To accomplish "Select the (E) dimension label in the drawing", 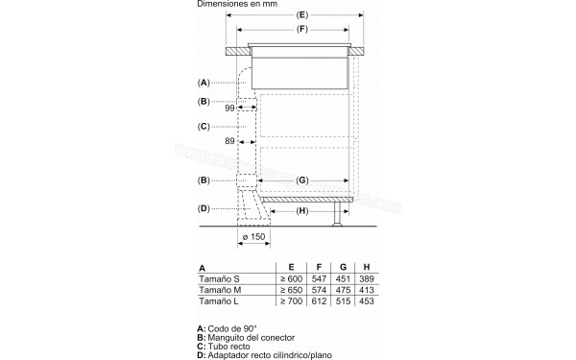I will tap(300, 16).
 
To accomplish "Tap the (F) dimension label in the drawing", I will tap(300, 32).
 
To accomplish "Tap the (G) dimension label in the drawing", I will tap(301, 180).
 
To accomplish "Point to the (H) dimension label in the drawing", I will tap(301, 210).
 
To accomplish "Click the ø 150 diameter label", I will tap(252, 238).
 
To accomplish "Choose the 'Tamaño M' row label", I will tap(218, 289).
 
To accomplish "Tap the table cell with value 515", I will tap(344, 302).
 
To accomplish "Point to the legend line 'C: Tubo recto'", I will tap(228, 347).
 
